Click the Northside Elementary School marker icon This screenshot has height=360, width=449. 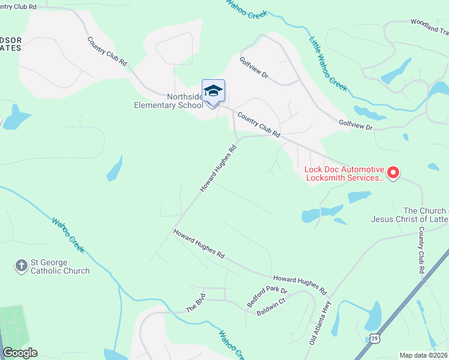point(213,91)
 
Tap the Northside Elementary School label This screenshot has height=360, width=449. point(169,101)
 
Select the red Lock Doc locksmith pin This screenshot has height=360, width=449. point(393,173)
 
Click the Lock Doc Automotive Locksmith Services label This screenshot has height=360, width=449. point(344,173)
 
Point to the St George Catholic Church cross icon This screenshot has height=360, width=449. point(22,265)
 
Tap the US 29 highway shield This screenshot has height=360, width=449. point(375,339)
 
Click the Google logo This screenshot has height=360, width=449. point(20,353)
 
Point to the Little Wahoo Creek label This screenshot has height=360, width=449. point(328,64)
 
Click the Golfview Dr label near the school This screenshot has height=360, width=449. point(253,69)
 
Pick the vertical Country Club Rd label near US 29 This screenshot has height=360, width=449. point(421,251)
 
